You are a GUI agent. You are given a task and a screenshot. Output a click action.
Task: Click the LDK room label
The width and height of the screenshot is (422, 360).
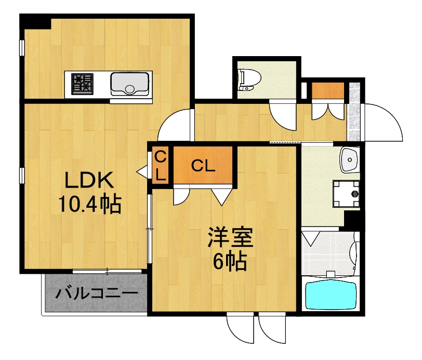[x=89, y=180]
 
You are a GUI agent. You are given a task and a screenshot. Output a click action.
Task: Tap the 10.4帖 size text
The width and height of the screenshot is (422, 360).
[x=89, y=204]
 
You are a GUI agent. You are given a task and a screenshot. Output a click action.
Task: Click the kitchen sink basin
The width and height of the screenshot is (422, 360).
[x=130, y=83]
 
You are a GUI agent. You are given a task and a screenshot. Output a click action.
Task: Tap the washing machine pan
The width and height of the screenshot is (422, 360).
[x=346, y=193]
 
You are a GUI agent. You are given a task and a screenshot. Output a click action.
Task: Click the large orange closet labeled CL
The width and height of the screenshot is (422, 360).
[x=203, y=165]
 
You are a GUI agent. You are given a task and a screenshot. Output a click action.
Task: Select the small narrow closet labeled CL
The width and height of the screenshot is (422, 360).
[x=161, y=165]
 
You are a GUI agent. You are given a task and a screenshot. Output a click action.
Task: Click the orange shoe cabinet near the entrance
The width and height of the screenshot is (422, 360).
[x=328, y=90]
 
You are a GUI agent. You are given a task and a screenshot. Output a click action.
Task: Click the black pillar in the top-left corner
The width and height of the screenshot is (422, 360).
[x=35, y=22]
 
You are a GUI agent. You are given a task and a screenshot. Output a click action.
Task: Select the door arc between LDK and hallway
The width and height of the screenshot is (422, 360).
[x=174, y=125]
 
